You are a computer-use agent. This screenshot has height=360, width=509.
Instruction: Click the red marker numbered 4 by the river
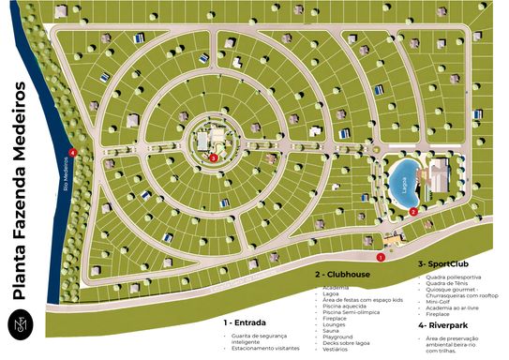click(72, 152)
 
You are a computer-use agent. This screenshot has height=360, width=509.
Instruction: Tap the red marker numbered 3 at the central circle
click(214, 158)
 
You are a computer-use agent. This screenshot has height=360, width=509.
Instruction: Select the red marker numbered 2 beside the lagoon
click(413, 211)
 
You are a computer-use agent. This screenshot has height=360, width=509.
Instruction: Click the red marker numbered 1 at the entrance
click(381, 256)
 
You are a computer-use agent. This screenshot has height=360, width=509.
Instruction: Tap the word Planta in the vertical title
click(22, 272)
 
